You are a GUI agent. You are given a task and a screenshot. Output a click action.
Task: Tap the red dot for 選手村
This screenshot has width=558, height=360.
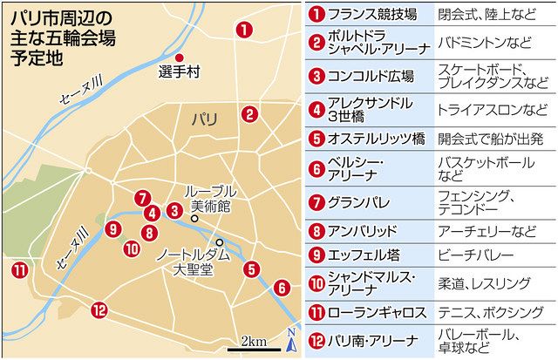pyautogui.click(x=180, y=58)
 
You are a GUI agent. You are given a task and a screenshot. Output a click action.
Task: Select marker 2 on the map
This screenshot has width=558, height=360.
pyautogui.click(x=250, y=113)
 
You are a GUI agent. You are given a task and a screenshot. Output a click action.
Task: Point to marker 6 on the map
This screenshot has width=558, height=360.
pyautogui.click(x=281, y=287)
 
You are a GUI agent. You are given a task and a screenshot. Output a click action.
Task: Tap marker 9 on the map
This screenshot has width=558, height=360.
pyautogui.click(x=111, y=229)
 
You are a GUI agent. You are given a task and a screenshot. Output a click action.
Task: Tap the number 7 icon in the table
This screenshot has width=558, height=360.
pyautogui.click(x=316, y=200)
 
